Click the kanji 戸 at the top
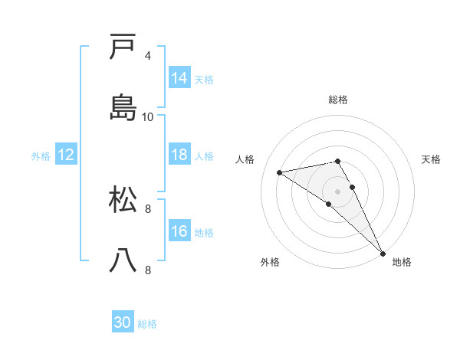pos(123,47)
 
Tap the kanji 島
pos(123,107)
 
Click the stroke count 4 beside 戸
pos(148,56)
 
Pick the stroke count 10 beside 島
pos(148,116)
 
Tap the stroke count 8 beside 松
pos(148,208)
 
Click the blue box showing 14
pos(179,78)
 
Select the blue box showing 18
pos(179,155)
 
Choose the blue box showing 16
pos(179,231)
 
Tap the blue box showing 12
pos(66,155)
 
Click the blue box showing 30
pos(123,323)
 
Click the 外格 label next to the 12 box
pos(41,155)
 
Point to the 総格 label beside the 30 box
pos(147,324)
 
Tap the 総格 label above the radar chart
pos(338,100)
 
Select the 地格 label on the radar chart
pos(402,262)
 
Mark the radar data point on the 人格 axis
pos(280,172)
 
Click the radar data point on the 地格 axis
pos(383,253)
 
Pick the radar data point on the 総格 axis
pos(338,161)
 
